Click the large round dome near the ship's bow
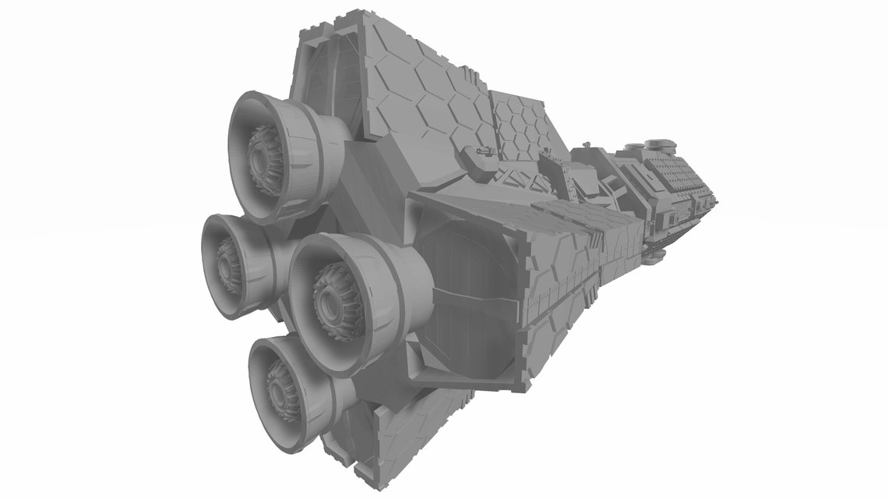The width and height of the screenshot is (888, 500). (660, 144)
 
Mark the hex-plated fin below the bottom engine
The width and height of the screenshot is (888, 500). (389, 437)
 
